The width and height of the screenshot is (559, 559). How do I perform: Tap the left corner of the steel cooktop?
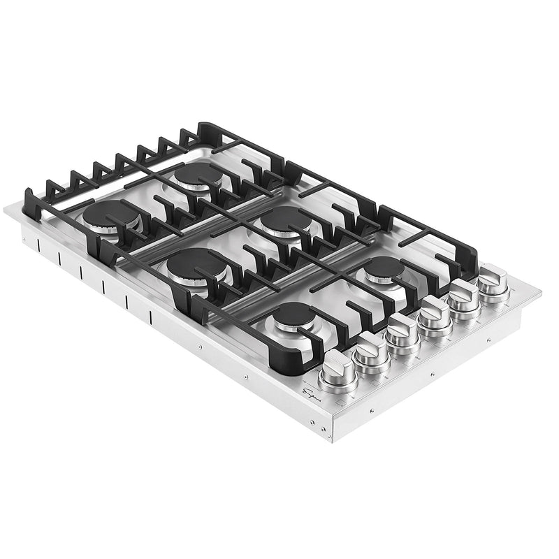tap(6, 210)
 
